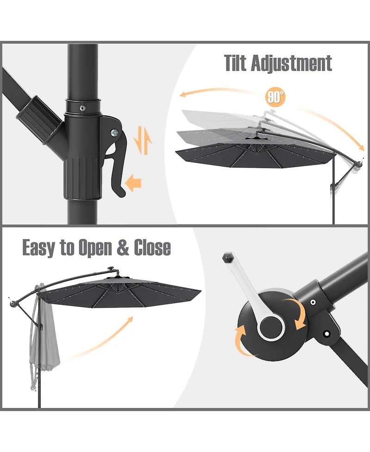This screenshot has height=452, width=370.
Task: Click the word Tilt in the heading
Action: tap(235, 63)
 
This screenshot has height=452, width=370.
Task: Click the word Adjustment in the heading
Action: tap(291, 63)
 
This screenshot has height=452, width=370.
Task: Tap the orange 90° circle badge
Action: tap(276, 97)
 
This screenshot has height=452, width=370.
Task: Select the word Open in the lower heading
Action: tap(95, 248)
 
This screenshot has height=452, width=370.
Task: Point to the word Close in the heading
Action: tap(152, 248)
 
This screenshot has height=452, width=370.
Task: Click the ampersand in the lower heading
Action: tap(123, 248)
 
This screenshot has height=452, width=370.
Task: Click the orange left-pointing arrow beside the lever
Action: tap(134, 182)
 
